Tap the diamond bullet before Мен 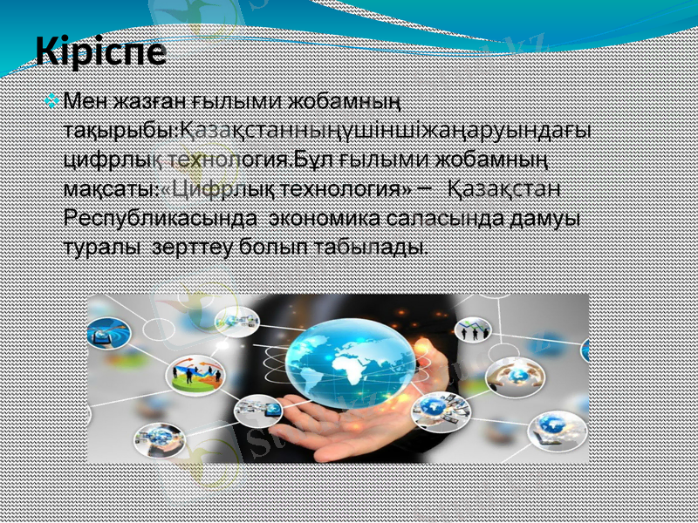[x=55, y=102]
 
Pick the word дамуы [x=545, y=218]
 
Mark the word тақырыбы [x=120, y=132]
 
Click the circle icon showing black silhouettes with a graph [x=476, y=332]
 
